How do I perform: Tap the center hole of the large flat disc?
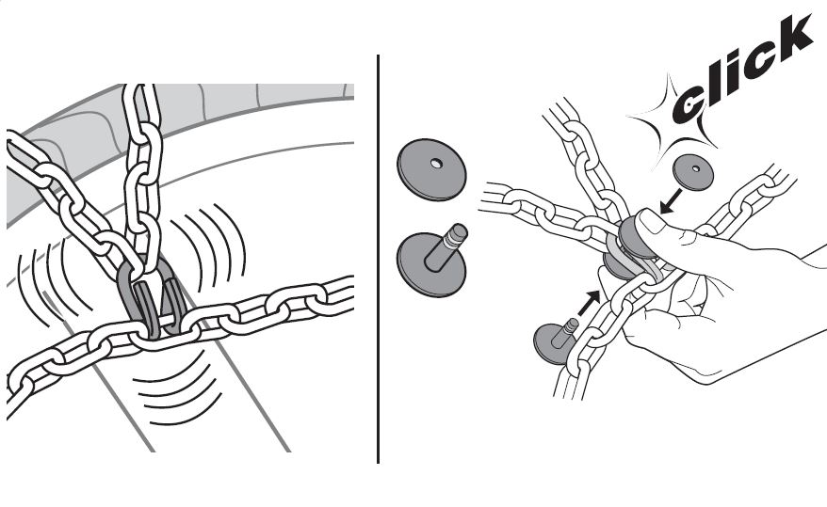click(434, 164)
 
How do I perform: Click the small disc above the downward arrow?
click(694, 171)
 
